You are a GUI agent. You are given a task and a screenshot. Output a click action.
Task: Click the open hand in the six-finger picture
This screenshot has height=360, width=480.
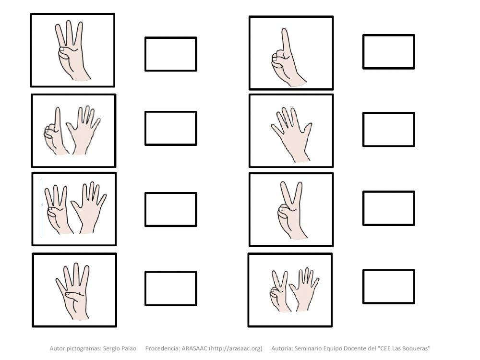(83, 130)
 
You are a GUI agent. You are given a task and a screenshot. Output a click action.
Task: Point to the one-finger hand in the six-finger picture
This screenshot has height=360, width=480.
(55, 131)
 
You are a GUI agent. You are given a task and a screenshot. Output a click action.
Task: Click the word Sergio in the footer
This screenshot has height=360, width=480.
(111, 348)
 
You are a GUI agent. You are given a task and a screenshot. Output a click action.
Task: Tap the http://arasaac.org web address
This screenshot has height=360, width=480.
(236, 348)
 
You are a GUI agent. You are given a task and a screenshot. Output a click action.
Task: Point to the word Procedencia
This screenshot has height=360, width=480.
(163, 348)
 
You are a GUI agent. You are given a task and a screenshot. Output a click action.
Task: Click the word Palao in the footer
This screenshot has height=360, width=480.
(129, 348)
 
